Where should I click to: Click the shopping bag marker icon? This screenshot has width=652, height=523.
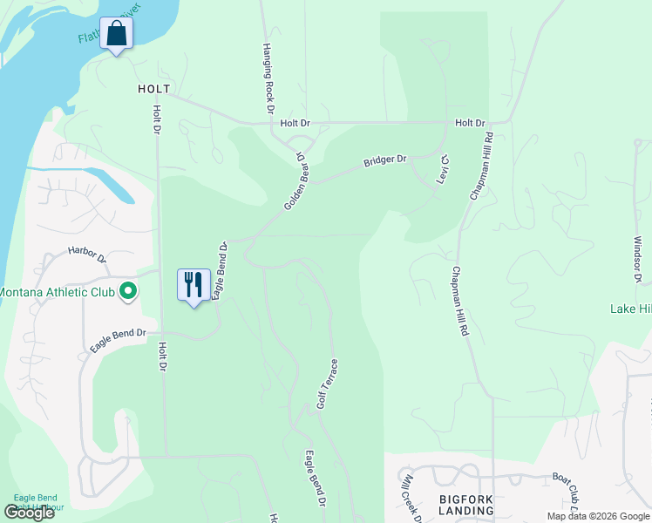116,34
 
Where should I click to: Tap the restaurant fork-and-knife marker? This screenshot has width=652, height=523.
194,284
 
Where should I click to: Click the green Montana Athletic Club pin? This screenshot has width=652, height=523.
128,291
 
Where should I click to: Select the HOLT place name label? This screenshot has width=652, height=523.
153,89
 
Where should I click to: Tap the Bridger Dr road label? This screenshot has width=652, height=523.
385,160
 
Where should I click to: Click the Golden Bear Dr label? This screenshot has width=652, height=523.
296,181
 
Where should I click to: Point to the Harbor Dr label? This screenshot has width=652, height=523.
87,257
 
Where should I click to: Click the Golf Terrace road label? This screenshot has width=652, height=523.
327,384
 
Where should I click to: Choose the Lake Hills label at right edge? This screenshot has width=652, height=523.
630,309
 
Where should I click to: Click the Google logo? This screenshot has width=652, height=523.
29,513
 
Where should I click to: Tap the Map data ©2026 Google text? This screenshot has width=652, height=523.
597,516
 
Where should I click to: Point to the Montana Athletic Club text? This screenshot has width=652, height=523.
58,291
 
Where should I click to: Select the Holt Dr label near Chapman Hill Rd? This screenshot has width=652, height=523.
469,124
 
